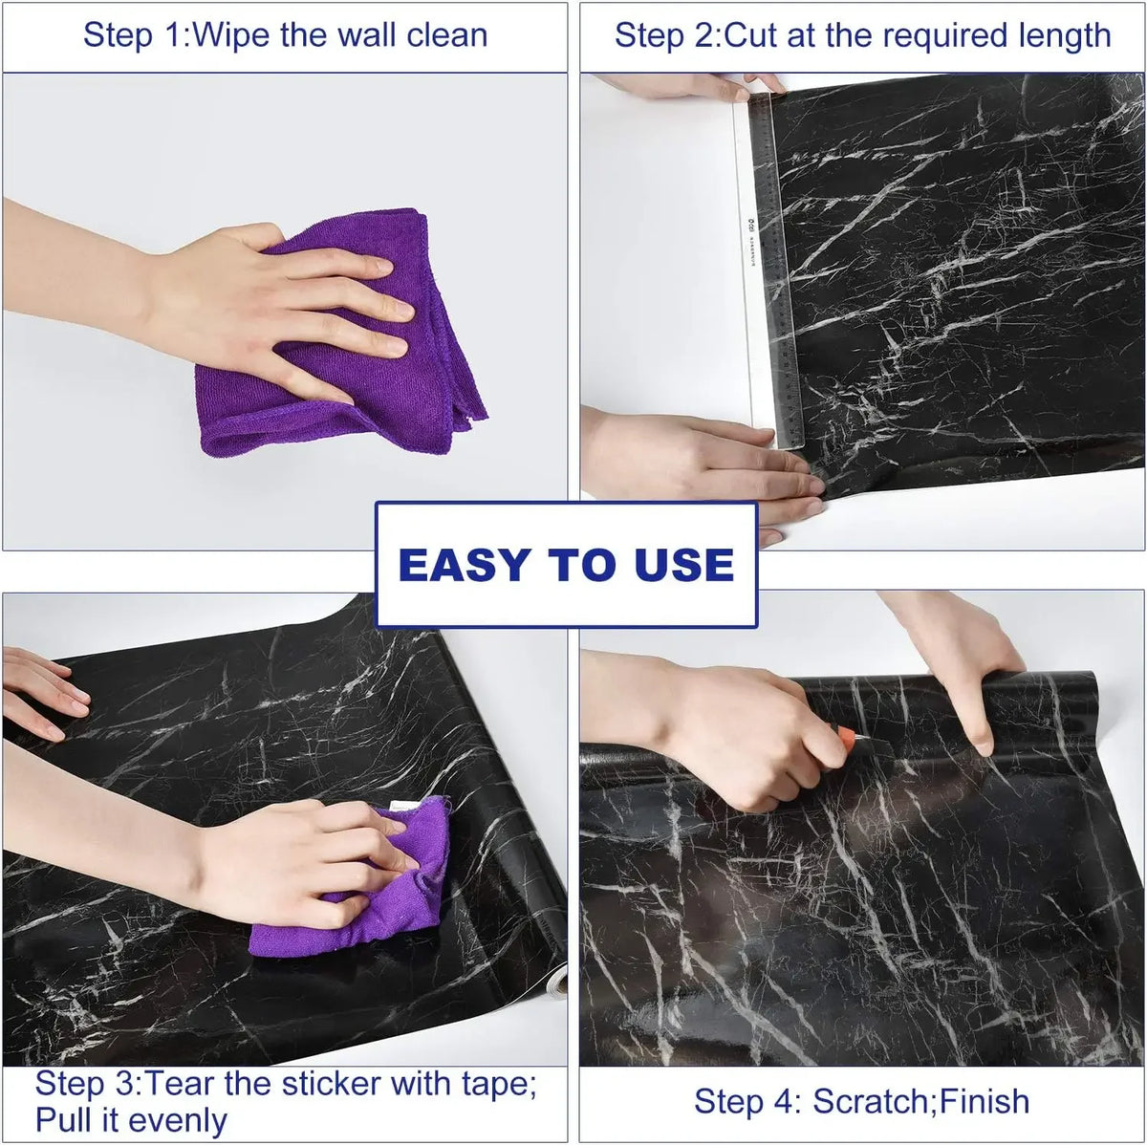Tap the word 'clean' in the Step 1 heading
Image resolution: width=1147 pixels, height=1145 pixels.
[447, 35]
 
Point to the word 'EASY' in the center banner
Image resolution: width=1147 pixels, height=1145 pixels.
[464, 565]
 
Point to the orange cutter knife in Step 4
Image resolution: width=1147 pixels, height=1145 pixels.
[849, 745]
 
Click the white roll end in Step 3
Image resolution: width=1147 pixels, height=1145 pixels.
[556, 991]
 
